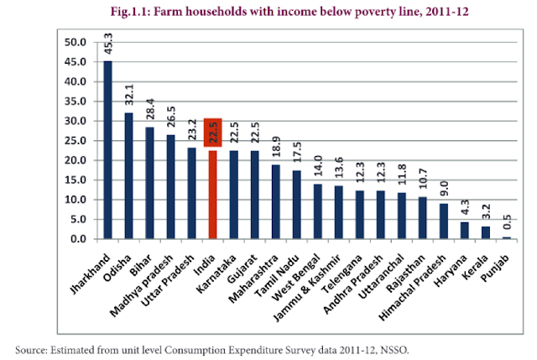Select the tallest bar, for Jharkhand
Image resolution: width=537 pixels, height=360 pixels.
click(107, 151)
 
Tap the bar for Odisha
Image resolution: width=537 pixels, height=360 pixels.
click(128, 176)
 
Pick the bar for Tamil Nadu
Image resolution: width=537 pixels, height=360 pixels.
click(296, 205)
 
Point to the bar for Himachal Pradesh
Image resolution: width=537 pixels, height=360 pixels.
click(444, 222)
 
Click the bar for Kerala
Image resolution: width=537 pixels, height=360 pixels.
click(486, 232)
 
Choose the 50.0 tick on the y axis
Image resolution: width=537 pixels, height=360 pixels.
click(75, 42)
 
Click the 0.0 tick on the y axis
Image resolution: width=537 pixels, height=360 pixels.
click(77, 239)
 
